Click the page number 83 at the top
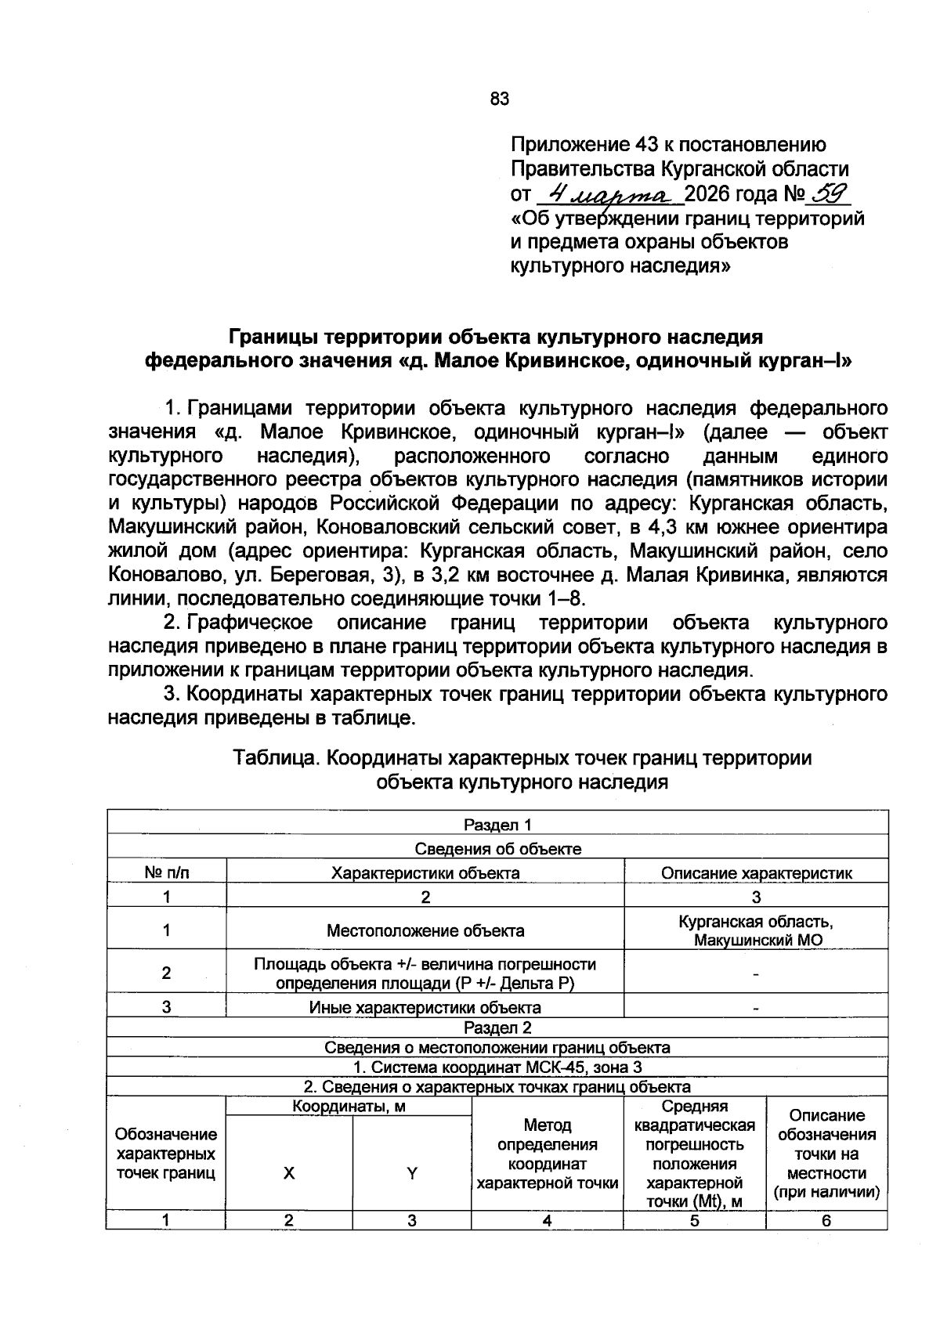click(499, 99)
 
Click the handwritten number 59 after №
click(828, 192)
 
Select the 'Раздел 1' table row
click(497, 825)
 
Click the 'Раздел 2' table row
click(497, 1027)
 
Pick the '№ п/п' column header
click(167, 872)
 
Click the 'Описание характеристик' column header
click(756, 872)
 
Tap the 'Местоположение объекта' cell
click(425, 930)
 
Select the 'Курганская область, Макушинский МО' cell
click(756, 930)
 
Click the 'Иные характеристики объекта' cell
click(425, 1007)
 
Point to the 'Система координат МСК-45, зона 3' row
click(497, 1067)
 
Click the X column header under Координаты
click(289, 1172)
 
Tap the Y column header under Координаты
click(412, 1172)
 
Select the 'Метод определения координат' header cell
click(548, 1154)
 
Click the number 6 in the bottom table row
click(826, 1220)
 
